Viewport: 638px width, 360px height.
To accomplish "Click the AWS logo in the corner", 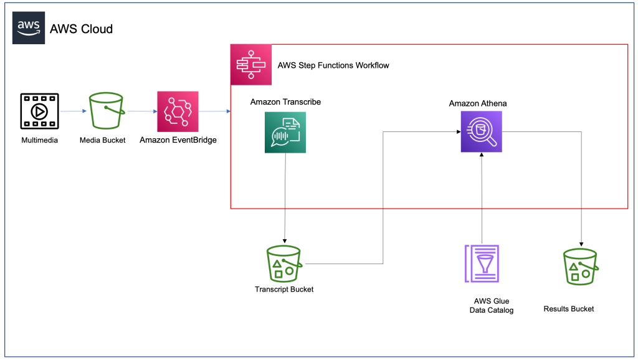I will click(29, 29).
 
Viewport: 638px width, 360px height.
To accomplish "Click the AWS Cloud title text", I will click(81, 29).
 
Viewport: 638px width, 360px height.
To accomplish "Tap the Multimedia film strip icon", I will click(39, 112).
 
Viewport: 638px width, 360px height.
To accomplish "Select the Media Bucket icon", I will click(106, 111).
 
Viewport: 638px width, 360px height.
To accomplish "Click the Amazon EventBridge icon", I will click(178, 111).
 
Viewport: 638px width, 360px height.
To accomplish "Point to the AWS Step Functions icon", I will click(251, 65).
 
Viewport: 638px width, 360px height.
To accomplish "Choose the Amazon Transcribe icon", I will click(285, 132).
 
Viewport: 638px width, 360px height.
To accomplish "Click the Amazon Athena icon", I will click(481, 132).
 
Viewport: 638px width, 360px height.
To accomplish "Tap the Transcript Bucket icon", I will click(285, 263).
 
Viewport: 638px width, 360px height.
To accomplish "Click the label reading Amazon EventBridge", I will click(178, 140).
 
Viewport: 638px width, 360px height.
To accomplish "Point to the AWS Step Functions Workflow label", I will click(333, 65).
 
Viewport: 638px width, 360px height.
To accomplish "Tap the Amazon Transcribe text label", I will click(285, 102).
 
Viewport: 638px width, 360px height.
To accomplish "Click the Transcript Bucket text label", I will click(284, 289).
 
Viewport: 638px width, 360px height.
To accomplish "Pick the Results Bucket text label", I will click(569, 309).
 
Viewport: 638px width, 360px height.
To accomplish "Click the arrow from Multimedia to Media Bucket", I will click(74, 112).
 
